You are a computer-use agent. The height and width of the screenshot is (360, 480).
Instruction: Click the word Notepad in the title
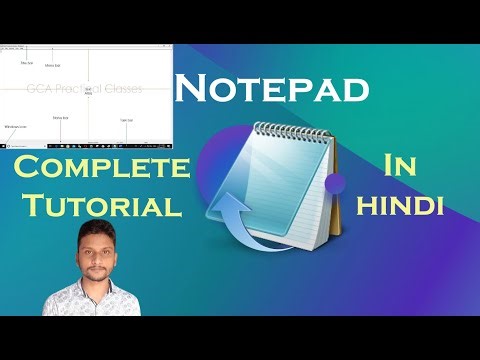272,90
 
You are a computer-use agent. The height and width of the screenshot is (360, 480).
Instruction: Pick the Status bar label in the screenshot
60,118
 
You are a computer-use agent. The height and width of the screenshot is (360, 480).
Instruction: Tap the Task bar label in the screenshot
126,120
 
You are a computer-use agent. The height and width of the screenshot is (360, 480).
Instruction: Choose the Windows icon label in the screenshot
15,128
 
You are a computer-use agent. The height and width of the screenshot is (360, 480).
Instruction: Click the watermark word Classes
124,89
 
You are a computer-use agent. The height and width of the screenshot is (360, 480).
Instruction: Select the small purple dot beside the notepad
336,181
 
